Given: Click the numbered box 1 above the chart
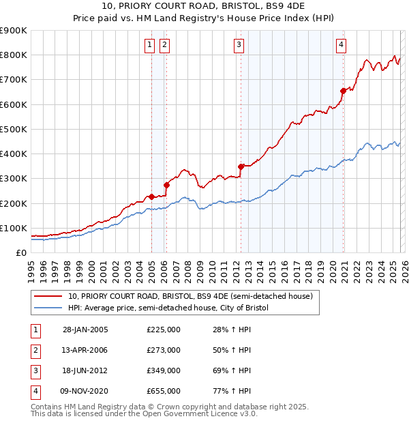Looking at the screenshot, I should pos(149,46).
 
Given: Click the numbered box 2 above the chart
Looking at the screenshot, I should pos(164,46).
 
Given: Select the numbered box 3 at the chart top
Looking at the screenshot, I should pos(239,46).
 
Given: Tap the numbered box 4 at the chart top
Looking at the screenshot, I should pos(340,46).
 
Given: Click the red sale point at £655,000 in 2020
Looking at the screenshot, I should pos(343,91).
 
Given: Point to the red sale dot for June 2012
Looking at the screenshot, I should pos(241,166).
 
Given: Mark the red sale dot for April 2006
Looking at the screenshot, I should pos(166,184).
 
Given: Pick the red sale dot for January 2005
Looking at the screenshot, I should pos(151,196).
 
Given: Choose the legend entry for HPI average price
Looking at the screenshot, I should pos(168,308).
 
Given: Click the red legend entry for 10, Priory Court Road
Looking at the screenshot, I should pos(190,297).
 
